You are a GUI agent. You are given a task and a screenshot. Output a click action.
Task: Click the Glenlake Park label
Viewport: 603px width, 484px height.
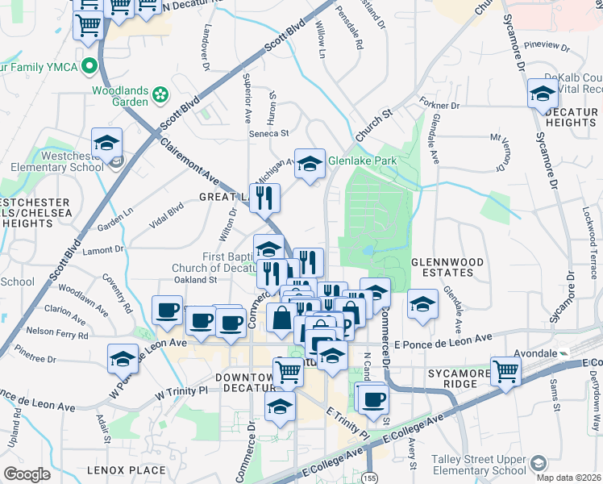point(362,161)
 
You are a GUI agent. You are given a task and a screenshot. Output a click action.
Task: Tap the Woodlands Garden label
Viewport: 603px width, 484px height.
point(119,96)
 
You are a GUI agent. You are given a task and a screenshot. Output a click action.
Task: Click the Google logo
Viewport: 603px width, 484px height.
point(27,474)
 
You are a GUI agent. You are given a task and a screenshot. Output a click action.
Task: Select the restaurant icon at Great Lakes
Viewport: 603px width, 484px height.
point(264,197)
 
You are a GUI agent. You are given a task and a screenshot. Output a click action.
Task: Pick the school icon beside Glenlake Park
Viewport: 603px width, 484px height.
point(307,165)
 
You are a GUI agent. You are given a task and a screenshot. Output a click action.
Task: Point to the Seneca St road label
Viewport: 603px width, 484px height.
point(268,133)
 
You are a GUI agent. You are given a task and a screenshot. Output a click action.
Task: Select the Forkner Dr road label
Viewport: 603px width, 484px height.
point(439,105)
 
